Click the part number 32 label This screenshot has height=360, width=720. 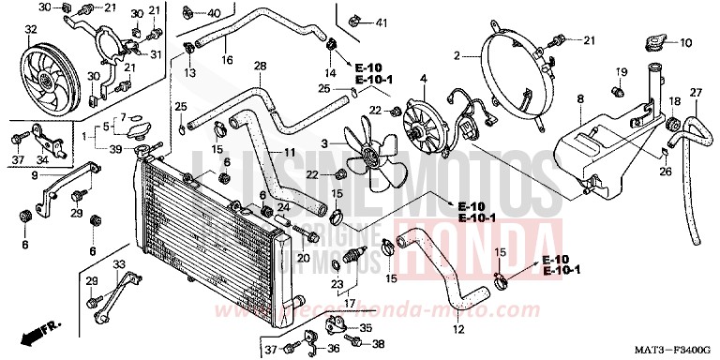pos(32,31)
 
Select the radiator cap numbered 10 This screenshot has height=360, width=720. pos(653,43)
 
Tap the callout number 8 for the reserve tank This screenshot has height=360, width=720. pos(579,98)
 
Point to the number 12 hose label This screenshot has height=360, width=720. pos(458,329)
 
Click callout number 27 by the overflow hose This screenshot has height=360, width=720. pos(696,91)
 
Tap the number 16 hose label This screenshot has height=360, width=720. pos(227,60)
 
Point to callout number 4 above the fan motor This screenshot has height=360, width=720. pos(423,78)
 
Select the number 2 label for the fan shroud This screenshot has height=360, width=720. pos(457,56)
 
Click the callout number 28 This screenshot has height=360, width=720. pos(261,65)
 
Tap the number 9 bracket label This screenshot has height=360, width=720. pos(34,174)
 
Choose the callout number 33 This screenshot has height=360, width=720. pos(118,264)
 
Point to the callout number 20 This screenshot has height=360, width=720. pos(304,258)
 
